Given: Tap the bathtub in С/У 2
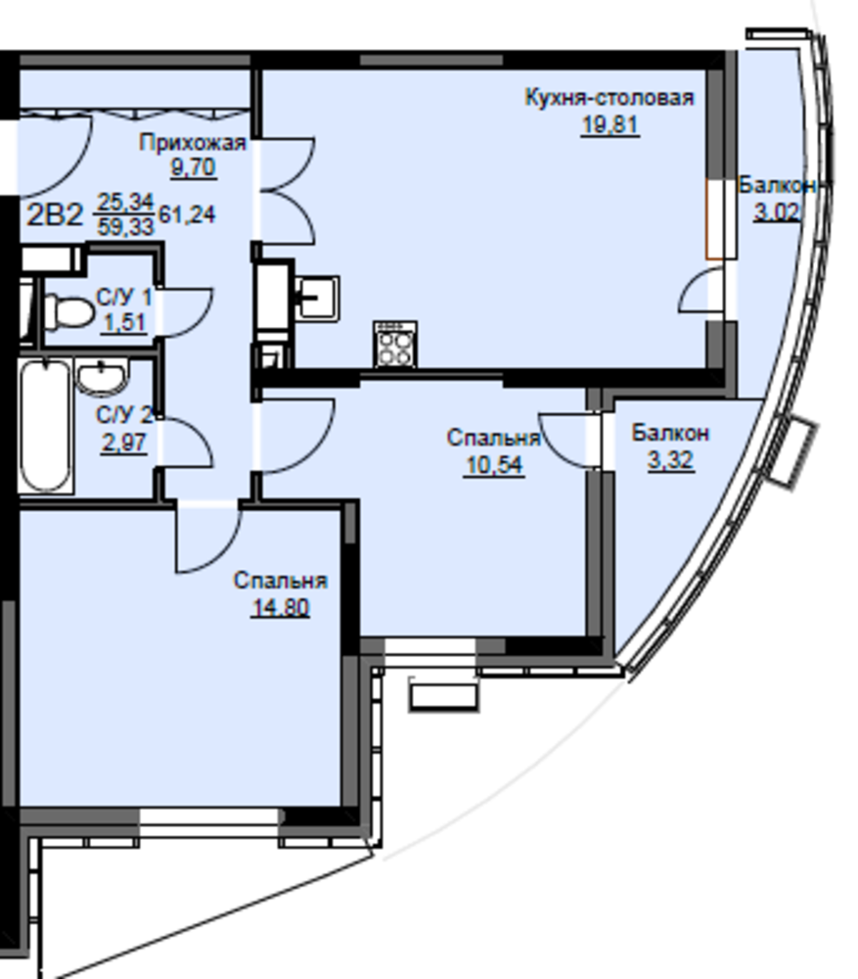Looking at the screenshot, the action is point(45,426).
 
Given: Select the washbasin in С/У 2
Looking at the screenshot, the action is point(102,377).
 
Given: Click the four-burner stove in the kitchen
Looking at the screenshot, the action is point(395,344).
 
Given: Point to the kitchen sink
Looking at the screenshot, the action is point(317,299).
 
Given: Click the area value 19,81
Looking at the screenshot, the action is point(610,125).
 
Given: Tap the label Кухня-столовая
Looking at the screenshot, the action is point(610,98).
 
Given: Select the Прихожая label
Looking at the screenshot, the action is point(192,143).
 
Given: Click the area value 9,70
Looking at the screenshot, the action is point(193,167).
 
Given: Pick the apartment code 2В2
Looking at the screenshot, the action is point(55,215).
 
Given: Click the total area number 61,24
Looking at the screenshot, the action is point(187,214).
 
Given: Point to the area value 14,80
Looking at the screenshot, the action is point(280,607).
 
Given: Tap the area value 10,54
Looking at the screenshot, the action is point(494,465).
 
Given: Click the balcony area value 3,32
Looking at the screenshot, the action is point(670,460).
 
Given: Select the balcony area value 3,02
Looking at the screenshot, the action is point(776,212).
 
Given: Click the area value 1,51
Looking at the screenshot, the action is point(124,323).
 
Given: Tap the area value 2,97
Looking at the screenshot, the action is point(124,443).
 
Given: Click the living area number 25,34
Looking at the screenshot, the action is point(125,203).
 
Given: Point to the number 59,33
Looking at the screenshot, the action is point(125,226).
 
